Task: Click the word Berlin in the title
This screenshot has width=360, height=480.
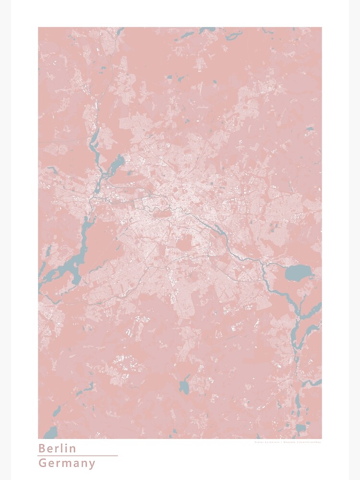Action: [x=57, y=448]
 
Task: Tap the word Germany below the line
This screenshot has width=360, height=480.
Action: [x=67, y=464]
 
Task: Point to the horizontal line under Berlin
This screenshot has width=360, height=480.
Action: [x=77, y=456]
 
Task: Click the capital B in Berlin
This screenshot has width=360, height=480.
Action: [x=42, y=448]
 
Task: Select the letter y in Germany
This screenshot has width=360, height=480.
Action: [x=92, y=465]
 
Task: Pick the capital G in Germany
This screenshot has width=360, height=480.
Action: [x=42, y=464]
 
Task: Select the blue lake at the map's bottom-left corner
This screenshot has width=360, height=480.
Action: [x=50, y=432]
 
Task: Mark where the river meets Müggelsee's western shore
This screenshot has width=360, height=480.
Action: [x=286, y=274]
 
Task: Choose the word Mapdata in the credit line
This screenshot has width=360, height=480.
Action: [x=301, y=442]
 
